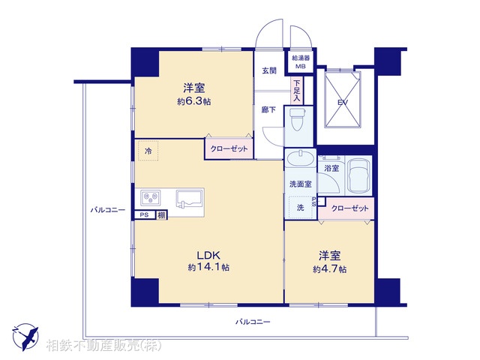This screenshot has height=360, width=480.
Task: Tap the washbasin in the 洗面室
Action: point(301,159)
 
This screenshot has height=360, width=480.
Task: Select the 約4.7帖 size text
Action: point(329,268)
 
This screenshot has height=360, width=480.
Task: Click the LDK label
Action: point(208,253)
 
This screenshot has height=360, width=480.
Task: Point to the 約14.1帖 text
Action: point(208,267)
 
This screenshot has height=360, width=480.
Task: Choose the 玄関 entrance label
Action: point(269,70)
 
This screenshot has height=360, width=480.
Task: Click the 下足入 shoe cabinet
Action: point(297,89)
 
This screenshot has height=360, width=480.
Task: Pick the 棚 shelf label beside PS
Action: point(161,215)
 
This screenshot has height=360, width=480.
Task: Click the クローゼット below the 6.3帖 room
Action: point(228,149)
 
